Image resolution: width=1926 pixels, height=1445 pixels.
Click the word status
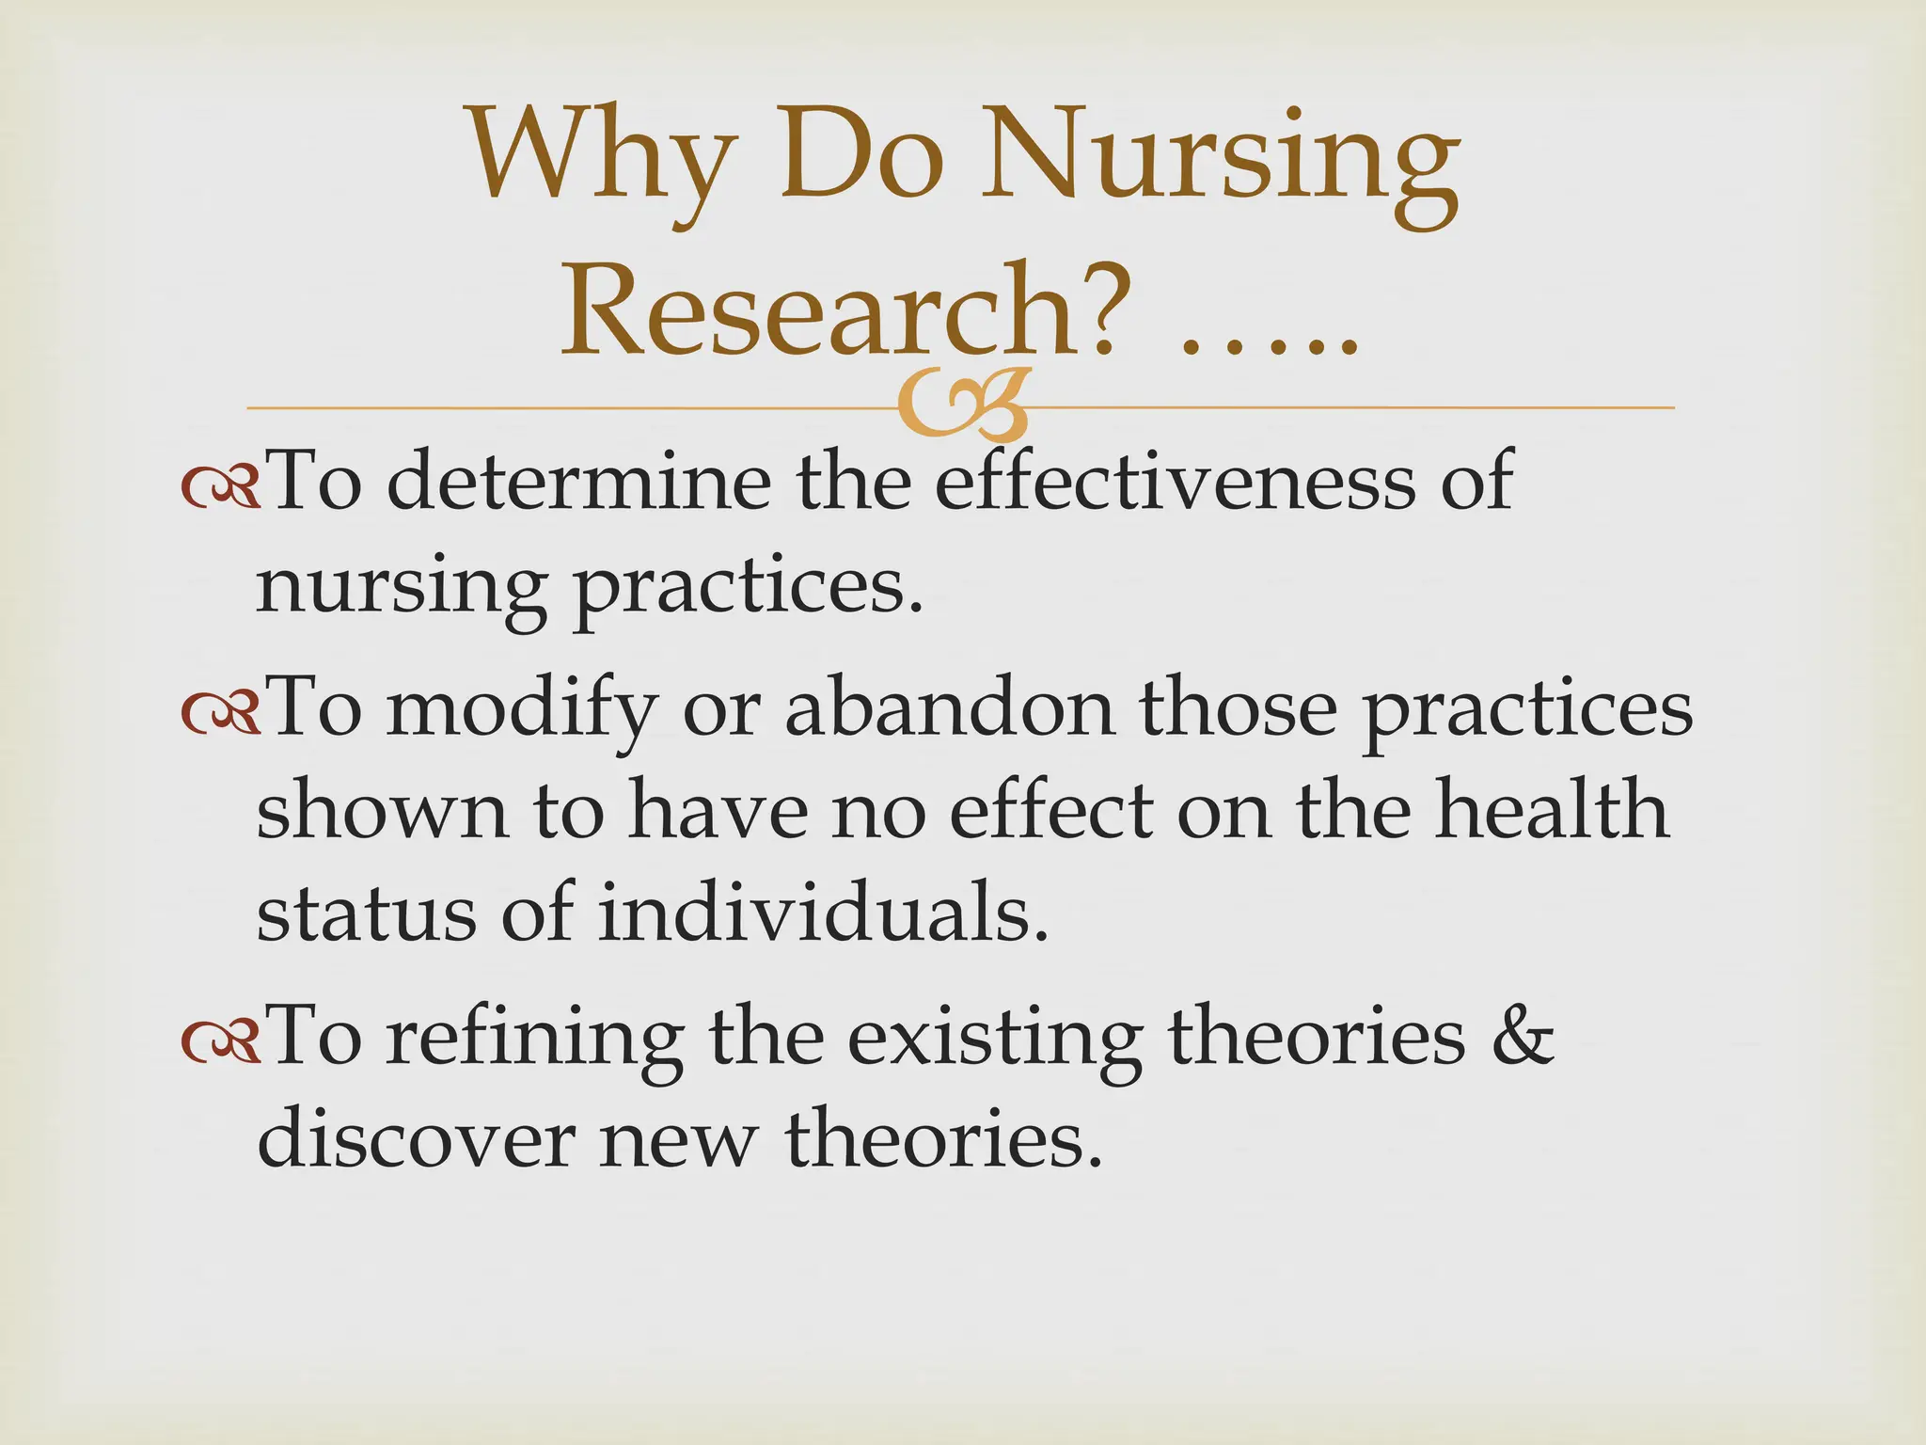pyautogui.click(x=366, y=914)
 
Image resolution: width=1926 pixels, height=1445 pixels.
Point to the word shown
pyautogui.click(x=382, y=811)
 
